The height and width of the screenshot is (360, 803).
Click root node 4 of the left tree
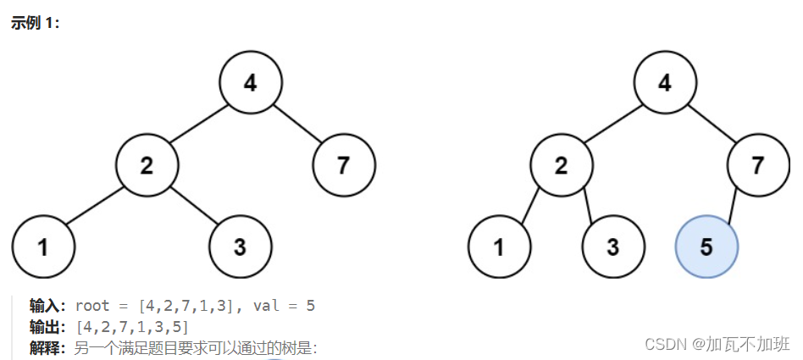250,83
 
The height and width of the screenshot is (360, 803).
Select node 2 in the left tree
147,165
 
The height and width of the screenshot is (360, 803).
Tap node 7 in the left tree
343,165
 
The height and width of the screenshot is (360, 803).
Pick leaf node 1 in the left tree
43,247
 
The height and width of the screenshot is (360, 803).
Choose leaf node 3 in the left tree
240,247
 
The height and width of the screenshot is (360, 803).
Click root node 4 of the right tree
665,83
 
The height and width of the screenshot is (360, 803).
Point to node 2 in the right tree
562,165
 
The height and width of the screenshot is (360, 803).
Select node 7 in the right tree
758,165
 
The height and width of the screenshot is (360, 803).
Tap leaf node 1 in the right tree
499,247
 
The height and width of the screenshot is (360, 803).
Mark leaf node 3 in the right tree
613,247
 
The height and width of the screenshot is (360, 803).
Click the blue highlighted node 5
706,247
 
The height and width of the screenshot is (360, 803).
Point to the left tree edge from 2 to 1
95,206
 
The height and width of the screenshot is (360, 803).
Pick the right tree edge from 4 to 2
613,124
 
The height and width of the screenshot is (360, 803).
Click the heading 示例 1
35,23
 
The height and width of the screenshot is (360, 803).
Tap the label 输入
47,306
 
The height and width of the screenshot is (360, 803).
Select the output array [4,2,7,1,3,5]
132,327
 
